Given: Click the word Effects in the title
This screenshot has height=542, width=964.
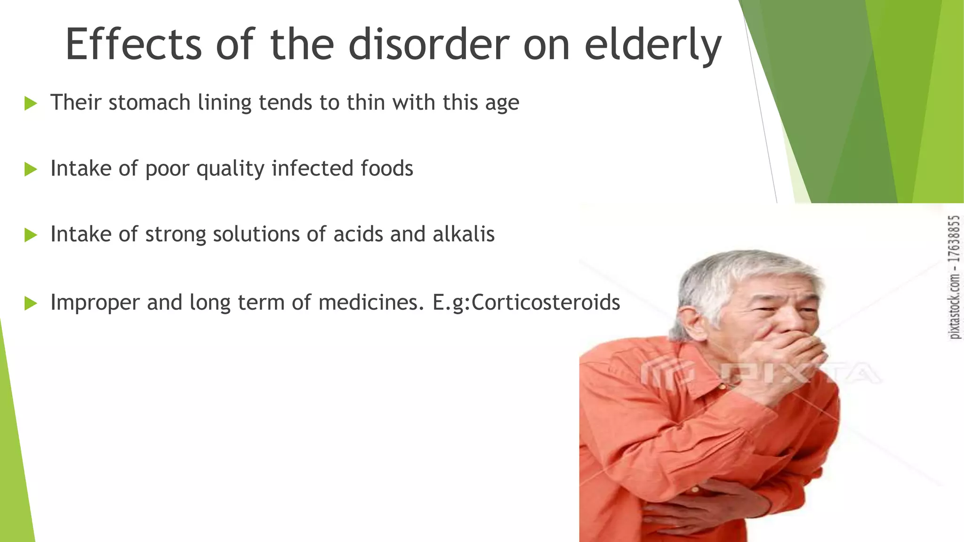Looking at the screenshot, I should [133, 44].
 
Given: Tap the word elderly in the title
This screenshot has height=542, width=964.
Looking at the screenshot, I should [652, 45].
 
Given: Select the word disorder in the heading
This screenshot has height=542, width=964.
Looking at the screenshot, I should [428, 44].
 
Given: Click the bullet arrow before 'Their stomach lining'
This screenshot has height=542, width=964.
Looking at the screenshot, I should [31, 103].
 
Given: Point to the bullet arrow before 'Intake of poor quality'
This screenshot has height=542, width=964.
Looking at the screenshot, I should [31, 169].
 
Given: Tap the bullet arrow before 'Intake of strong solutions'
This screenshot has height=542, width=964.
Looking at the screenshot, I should [31, 235].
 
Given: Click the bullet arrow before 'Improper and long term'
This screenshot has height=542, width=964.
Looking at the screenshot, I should [31, 303].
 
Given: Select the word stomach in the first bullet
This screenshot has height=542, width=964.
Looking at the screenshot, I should [149, 103].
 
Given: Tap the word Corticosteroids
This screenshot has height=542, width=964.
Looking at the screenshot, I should [546, 303].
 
